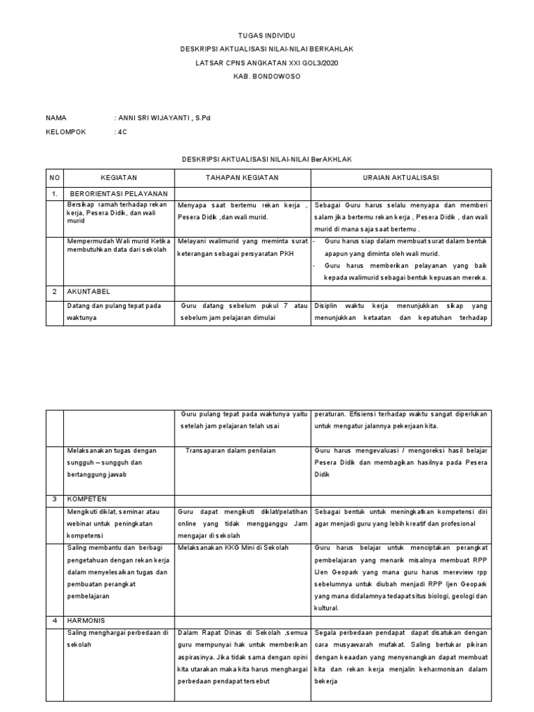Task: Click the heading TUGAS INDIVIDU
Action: click(x=266, y=35)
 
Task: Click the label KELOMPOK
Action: click(x=65, y=132)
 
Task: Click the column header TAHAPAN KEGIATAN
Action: click(x=241, y=178)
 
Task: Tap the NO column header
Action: click(x=54, y=178)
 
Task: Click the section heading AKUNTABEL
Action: click(x=89, y=292)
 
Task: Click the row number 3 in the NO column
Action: click(x=54, y=499)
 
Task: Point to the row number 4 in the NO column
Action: click(x=54, y=620)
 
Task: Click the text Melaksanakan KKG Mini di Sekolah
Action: click(x=233, y=548)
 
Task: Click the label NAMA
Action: click(x=56, y=118)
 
